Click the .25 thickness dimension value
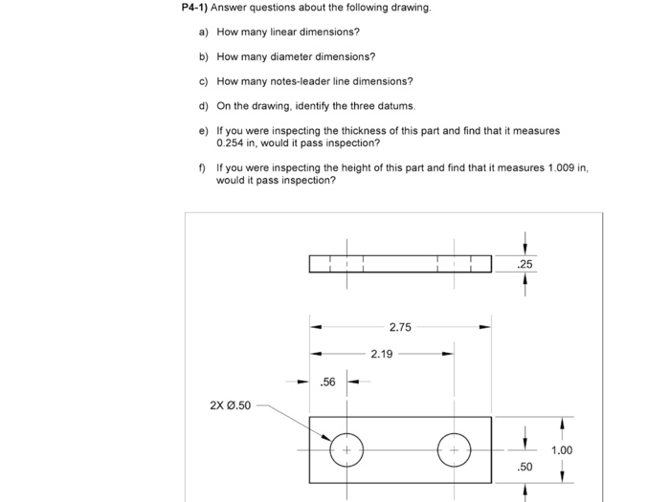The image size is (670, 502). click(x=524, y=264)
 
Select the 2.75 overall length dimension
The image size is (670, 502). click(x=400, y=327)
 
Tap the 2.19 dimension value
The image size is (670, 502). click(x=381, y=354)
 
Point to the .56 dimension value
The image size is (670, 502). click(x=327, y=382)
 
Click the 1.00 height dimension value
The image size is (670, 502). click(x=562, y=450)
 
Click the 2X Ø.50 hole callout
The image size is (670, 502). click(x=230, y=405)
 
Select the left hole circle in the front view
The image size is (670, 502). click(x=346, y=449)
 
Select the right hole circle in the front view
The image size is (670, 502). click(x=454, y=449)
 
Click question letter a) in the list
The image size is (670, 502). click(x=203, y=33)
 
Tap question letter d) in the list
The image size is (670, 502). click(x=203, y=106)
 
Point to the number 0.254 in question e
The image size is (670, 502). click(x=233, y=142)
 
